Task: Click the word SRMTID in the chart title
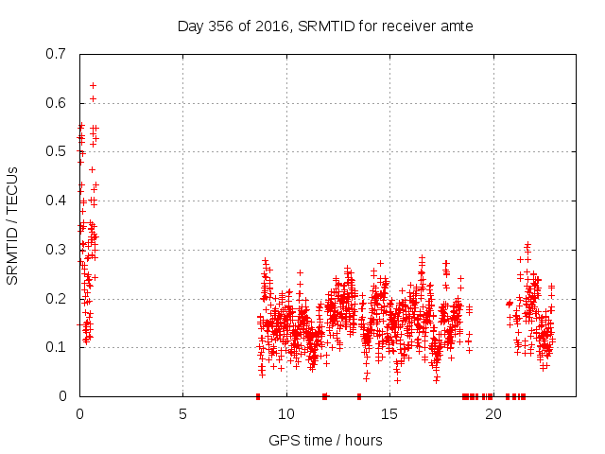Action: click(x=324, y=26)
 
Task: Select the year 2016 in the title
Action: click(x=272, y=26)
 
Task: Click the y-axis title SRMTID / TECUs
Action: click(x=12, y=224)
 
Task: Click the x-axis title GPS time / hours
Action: click(x=325, y=440)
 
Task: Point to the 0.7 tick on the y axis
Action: click(x=58, y=54)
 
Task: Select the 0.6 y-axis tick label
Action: click(x=58, y=103)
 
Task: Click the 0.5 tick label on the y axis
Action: click(x=58, y=152)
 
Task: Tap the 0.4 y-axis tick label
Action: click(x=58, y=201)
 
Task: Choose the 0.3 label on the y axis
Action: click(x=58, y=250)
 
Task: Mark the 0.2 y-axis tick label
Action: click(x=58, y=298)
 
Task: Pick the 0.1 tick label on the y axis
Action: click(x=58, y=347)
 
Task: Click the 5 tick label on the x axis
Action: click(x=182, y=414)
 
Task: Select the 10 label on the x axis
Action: click(x=285, y=414)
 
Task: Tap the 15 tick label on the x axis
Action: click(x=389, y=414)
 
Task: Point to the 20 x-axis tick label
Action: click(x=492, y=414)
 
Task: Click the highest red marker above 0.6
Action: click(x=93, y=85)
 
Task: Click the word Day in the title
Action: click(x=191, y=26)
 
